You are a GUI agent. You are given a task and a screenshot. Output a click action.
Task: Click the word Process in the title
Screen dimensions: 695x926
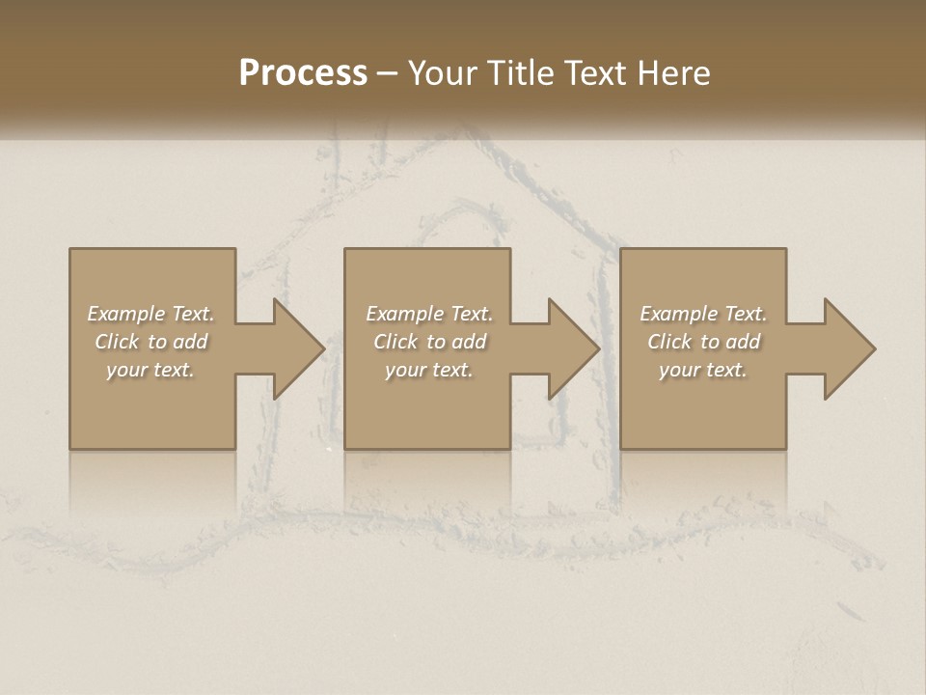303,73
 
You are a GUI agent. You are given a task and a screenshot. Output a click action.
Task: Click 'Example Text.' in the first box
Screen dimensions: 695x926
150,314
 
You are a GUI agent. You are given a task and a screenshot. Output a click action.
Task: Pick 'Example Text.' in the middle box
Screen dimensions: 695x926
429,314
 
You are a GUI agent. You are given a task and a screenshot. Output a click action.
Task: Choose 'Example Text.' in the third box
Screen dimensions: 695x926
703,314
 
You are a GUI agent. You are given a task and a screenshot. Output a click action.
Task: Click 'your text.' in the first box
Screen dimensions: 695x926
150,370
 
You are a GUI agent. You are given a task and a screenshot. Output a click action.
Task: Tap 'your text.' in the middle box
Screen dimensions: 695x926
429,370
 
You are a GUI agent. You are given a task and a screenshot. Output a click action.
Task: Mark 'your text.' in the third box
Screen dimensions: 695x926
703,370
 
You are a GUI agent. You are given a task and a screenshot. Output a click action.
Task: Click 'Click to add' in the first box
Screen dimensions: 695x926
150,342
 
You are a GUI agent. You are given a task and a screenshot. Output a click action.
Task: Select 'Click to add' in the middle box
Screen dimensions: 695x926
429,342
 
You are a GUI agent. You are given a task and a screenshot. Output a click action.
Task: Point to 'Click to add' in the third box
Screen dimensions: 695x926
703,342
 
